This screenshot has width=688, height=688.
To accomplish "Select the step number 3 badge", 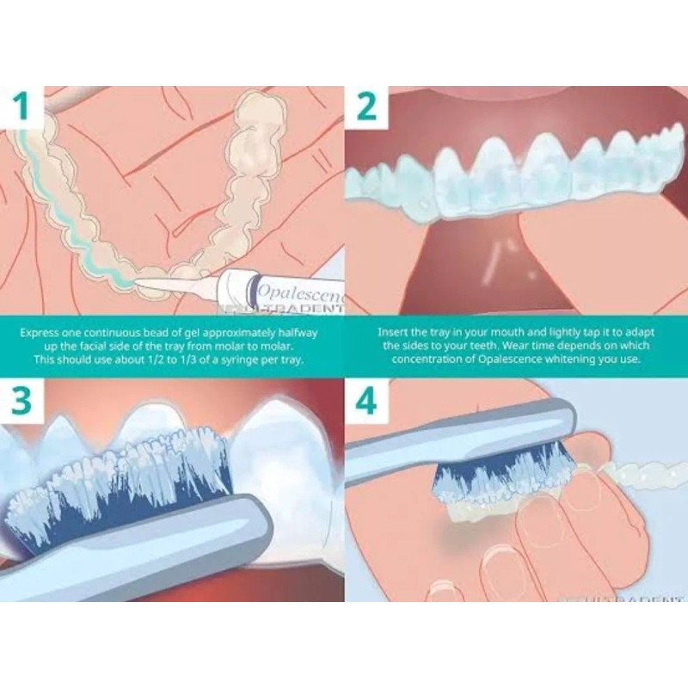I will click(x=23, y=399).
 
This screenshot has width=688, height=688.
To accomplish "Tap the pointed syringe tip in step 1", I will click(x=155, y=285).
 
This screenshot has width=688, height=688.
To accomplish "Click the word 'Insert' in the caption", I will click(x=393, y=330).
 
